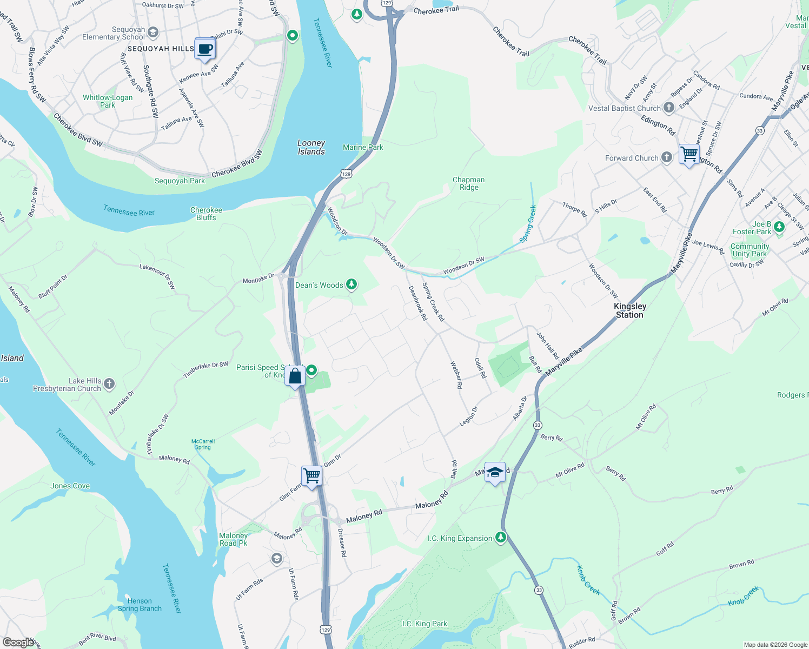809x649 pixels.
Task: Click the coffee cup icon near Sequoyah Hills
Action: (x=204, y=49)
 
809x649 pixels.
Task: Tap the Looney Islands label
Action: (x=311, y=147)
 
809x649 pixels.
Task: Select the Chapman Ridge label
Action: (x=469, y=183)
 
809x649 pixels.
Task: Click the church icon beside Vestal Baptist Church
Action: (x=669, y=108)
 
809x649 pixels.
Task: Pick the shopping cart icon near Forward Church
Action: (x=689, y=154)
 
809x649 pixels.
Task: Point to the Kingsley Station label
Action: (x=630, y=310)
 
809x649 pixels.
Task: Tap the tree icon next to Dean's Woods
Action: (x=352, y=284)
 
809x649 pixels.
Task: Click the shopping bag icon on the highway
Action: (x=295, y=376)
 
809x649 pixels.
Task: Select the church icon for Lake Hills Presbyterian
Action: (x=109, y=384)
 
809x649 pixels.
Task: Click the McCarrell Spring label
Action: (x=203, y=444)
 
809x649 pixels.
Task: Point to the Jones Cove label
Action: (x=70, y=486)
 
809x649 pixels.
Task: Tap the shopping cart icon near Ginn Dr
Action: (x=312, y=476)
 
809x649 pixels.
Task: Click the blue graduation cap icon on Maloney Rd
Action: (x=495, y=472)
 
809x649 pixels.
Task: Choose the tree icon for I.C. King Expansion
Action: (x=501, y=538)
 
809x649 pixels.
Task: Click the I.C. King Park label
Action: (x=425, y=624)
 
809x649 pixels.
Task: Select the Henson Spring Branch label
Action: (x=140, y=605)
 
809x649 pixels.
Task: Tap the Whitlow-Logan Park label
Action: (x=108, y=101)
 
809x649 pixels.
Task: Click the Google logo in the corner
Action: (x=18, y=642)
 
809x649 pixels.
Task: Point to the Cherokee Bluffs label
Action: (x=206, y=214)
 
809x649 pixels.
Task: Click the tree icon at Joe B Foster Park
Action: (x=779, y=227)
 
